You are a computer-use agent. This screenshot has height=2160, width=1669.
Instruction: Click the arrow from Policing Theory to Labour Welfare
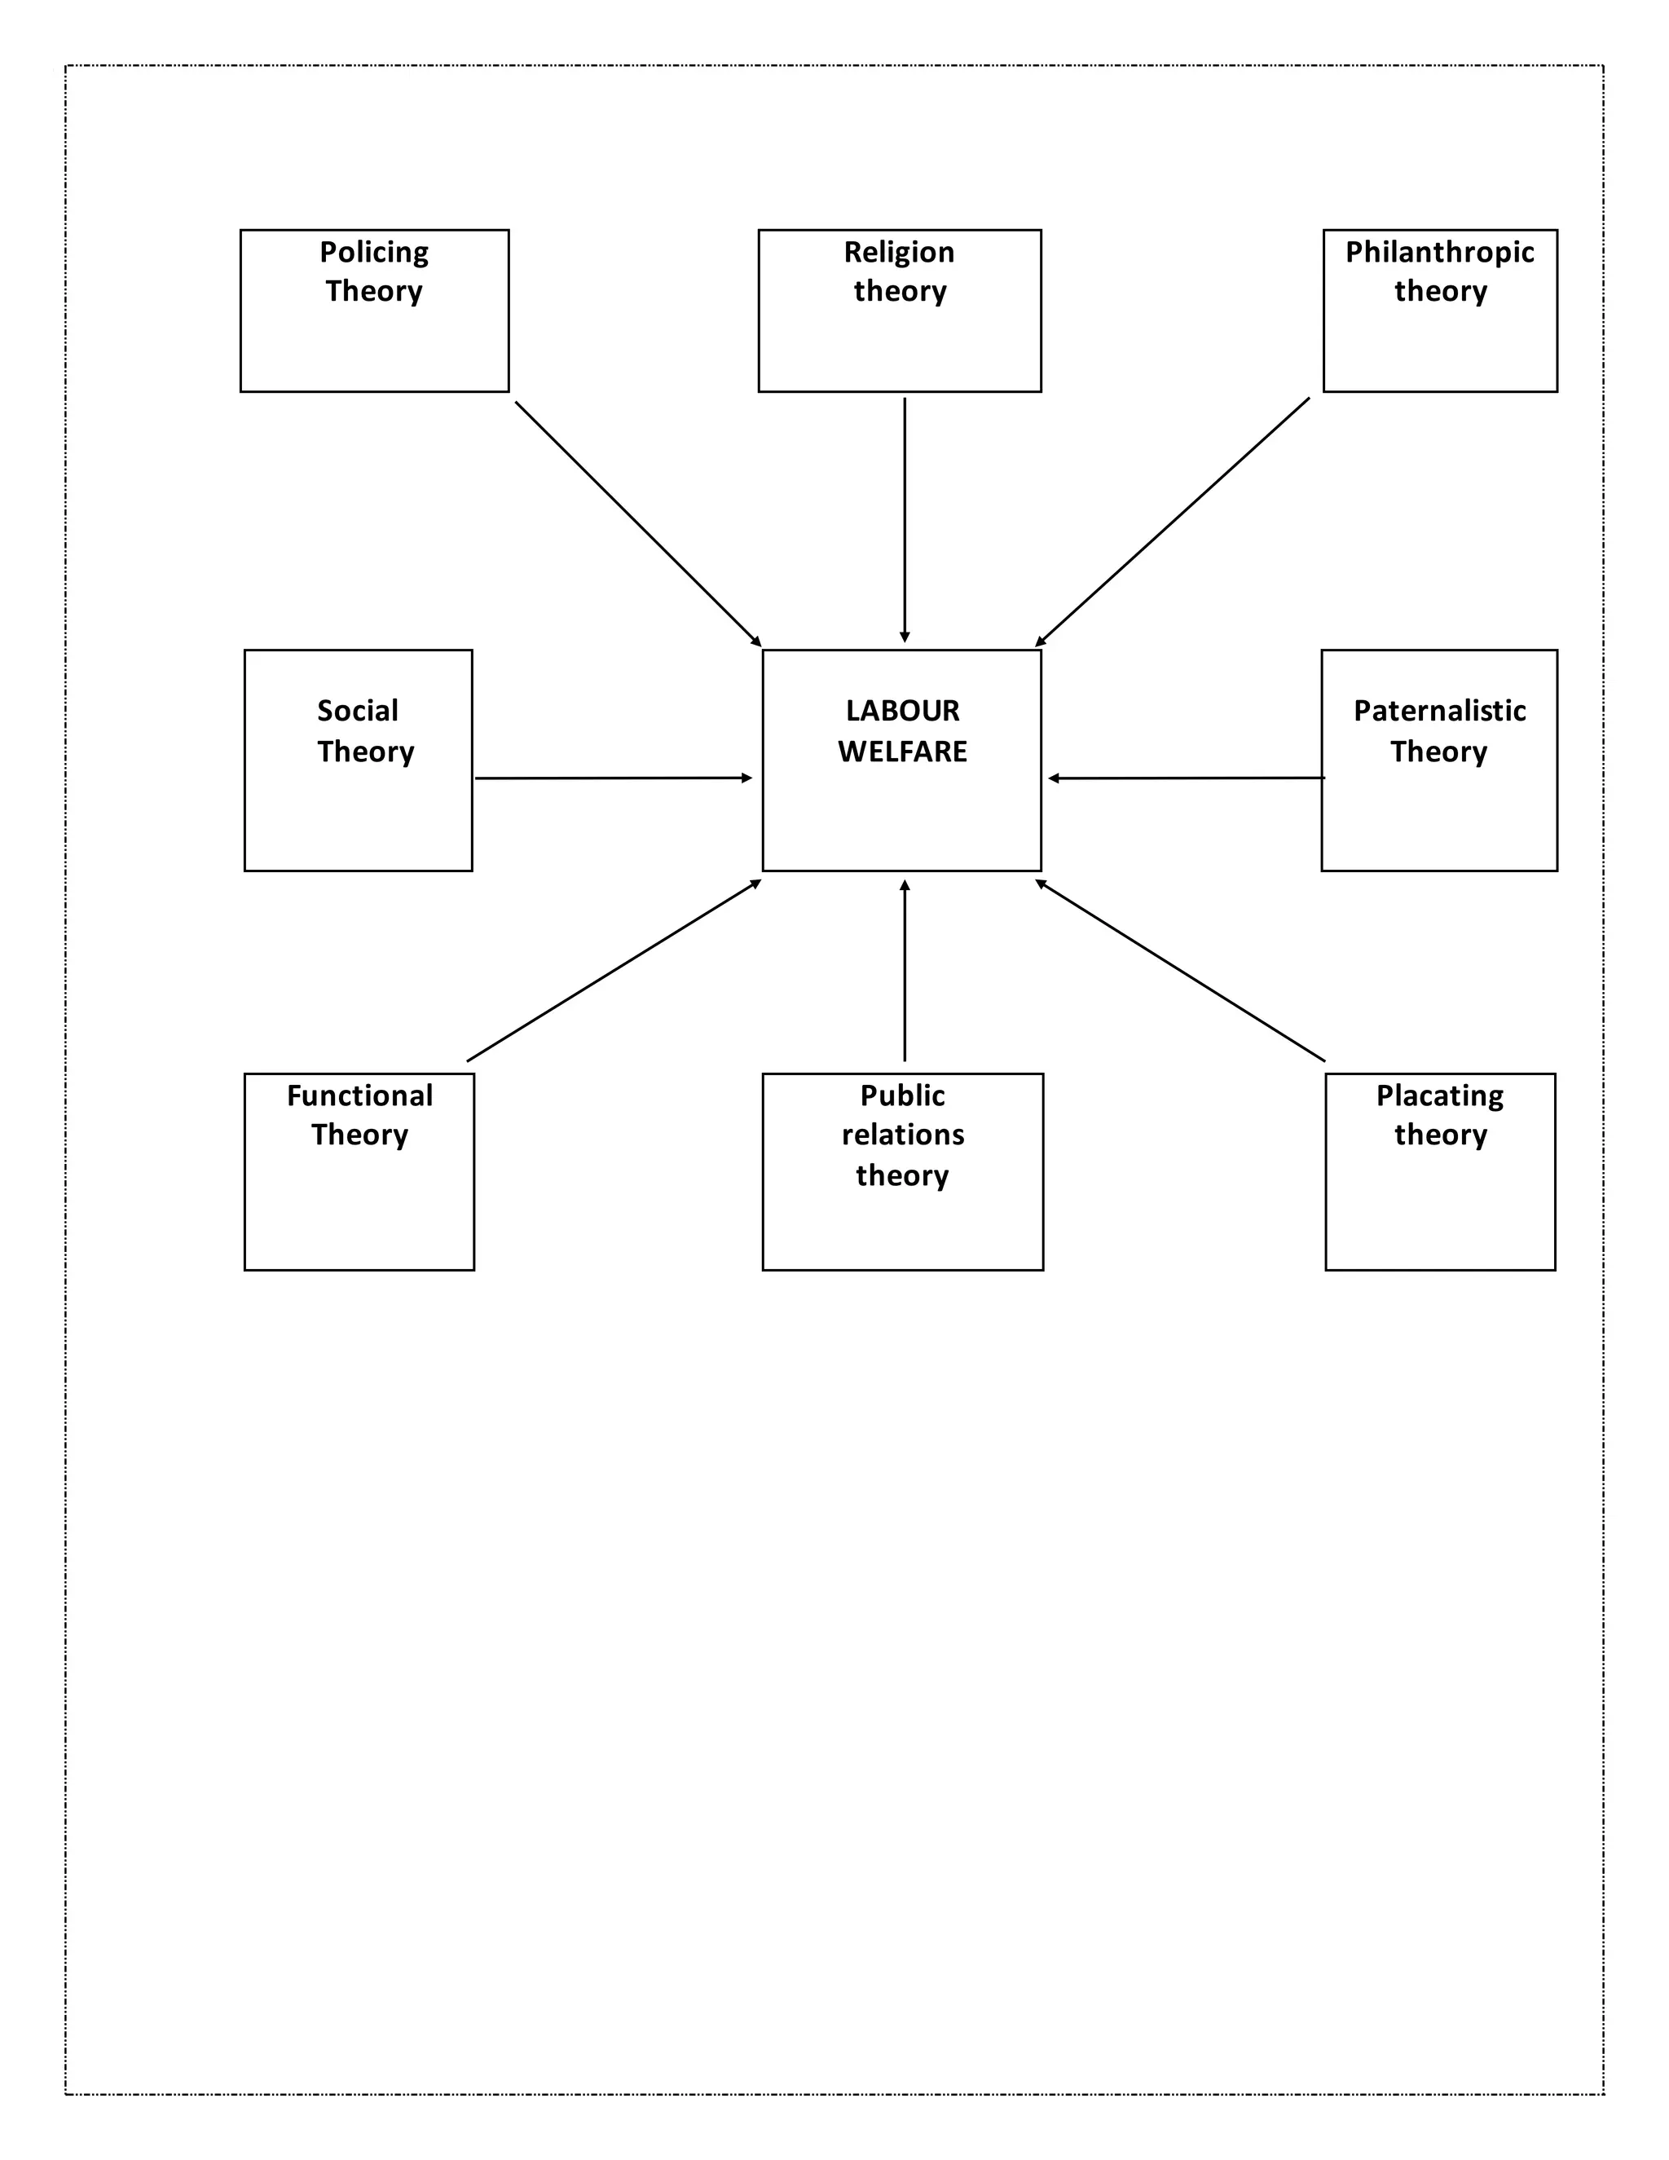(638, 523)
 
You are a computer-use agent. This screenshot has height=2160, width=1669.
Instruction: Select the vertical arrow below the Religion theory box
(904, 519)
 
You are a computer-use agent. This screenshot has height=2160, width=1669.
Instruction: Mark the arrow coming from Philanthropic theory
(1173, 522)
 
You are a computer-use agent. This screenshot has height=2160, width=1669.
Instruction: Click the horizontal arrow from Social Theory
(613, 778)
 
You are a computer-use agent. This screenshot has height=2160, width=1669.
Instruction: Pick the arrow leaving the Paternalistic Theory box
(1187, 778)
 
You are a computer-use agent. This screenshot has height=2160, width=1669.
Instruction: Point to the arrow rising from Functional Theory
(614, 970)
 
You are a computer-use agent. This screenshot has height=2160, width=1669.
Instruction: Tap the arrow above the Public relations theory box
(904, 970)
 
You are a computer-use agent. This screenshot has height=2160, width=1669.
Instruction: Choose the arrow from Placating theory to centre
(1181, 970)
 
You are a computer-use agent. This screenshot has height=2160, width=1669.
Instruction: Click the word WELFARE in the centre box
(902, 752)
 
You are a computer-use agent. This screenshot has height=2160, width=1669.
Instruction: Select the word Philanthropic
(1440, 252)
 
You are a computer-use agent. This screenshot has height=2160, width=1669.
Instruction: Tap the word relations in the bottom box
(903, 1135)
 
